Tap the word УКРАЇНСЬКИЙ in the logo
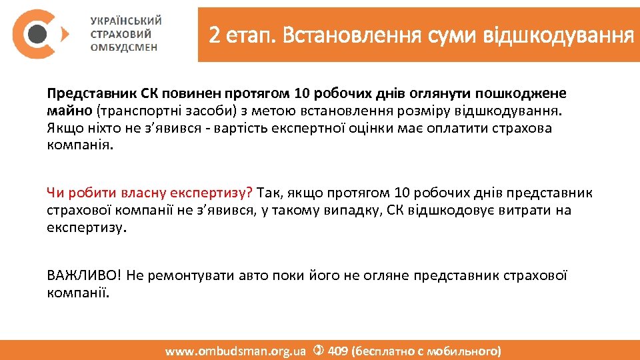click(x=126, y=21)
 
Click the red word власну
click(x=144, y=193)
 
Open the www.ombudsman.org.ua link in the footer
click(x=235, y=351)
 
